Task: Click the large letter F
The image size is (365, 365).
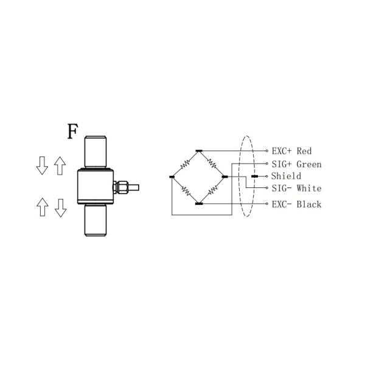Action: [72, 131]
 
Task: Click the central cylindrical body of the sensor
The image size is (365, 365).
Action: [96, 185]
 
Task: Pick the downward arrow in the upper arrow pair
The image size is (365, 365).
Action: [42, 165]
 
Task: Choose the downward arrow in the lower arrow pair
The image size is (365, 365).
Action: [60, 207]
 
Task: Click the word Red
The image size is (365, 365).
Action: [304, 151]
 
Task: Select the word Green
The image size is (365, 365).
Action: [309, 164]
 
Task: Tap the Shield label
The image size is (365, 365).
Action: [286, 176]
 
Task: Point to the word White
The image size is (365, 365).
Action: [309, 189]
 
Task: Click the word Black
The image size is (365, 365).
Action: [309, 204]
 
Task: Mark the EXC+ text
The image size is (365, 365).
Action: [282, 151]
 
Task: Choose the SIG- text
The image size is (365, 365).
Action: [282, 189]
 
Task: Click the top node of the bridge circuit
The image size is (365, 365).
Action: [199, 150]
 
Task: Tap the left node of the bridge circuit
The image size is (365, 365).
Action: [172, 176]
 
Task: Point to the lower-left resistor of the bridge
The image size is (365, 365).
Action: [186, 190]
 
